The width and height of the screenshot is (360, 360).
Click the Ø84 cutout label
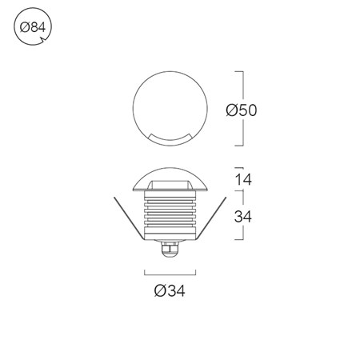pyautogui.click(x=33, y=27)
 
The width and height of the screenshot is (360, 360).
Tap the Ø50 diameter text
pyautogui.click(x=242, y=110)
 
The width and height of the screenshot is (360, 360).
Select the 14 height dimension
pyautogui.click(x=243, y=179)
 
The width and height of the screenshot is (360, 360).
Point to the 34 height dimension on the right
pyautogui.click(x=242, y=217)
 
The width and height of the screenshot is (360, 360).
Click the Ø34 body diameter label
pyautogui.click(x=170, y=290)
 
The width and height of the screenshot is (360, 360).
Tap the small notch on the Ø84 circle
pyautogui.click(x=42, y=40)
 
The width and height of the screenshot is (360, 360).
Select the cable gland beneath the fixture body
pyautogui.click(x=170, y=249)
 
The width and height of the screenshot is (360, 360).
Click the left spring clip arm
pyautogui.click(x=130, y=218)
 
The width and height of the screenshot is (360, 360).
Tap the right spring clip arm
pyautogui.click(x=211, y=218)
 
